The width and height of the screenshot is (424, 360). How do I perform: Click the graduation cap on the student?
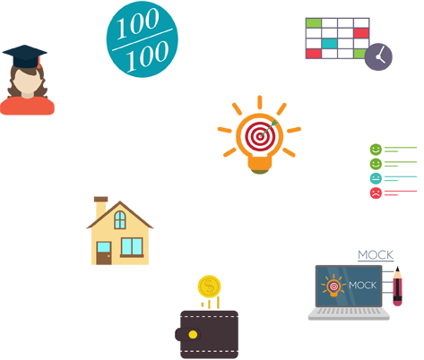tap(25, 56)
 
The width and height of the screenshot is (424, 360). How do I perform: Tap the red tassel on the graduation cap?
tap(39, 62)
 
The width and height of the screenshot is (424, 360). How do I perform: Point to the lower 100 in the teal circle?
tap(147, 56)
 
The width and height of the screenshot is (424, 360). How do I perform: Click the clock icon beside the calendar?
tap(378, 56)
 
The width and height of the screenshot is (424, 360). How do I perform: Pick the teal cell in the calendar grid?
tap(329, 44)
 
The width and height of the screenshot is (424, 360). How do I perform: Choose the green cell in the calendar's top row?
tap(314, 23)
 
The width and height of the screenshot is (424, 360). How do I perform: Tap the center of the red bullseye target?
tap(260, 136)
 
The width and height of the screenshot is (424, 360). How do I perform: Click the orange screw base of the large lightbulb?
tap(260, 163)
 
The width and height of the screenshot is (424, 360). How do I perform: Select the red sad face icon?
tap(376, 193)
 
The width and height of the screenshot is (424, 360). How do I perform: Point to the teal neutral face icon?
tap(376, 178)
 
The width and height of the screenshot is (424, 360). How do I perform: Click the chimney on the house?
tap(100, 208)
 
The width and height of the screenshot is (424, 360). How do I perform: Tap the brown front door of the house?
tap(104, 253)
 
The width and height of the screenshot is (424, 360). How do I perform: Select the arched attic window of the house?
tap(120, 220)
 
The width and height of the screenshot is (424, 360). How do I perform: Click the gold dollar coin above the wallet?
tap(209, 287)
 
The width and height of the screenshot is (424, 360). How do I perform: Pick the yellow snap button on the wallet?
tap(193, 335)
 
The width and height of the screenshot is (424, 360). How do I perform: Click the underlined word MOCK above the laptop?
tap(376, 255)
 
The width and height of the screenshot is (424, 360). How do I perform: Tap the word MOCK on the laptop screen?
tap(362, 286)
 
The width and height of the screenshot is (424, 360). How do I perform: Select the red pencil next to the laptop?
tap(397, 287)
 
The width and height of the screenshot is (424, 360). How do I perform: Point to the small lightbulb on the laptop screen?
tap(333, 286)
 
